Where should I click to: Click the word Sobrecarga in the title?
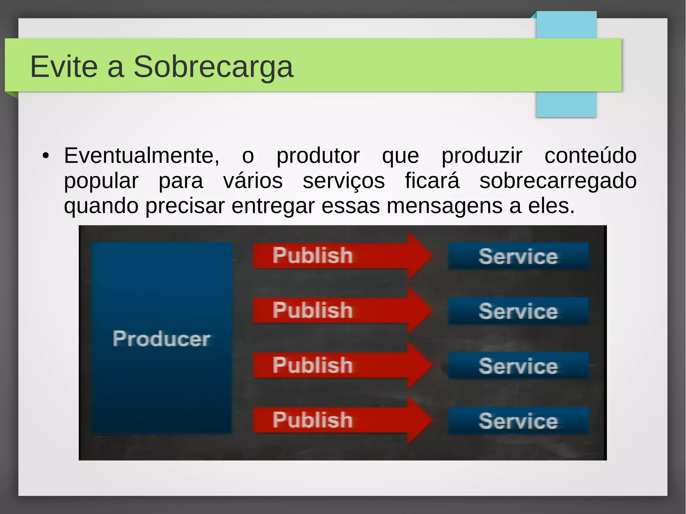point(213,67)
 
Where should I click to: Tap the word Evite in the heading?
point(64,67)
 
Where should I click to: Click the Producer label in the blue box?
point(161,339)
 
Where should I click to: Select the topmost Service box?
point(518,256)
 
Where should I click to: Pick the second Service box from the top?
point(518,311)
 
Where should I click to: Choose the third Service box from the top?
point(518,366)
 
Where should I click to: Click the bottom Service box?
point(518,421)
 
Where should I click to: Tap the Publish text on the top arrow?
point(313,255)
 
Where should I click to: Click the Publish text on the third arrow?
point(313,365)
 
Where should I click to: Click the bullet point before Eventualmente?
point(46,156)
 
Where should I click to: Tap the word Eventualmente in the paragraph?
point(141,156)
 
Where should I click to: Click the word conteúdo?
point(590,156)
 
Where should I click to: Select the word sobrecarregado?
point(558,181)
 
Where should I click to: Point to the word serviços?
point(344,181)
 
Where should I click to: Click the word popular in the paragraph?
point(101,181)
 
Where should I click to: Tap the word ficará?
point(432,181)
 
